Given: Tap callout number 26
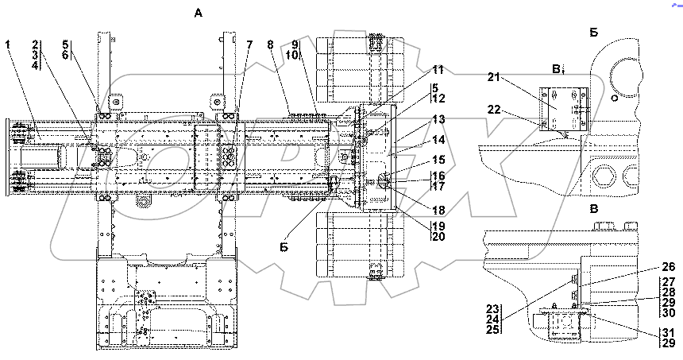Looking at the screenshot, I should [x=669, y=267].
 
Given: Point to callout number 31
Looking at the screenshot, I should [x=669, y=331].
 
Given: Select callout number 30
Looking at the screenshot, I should [x=669, y=312].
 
